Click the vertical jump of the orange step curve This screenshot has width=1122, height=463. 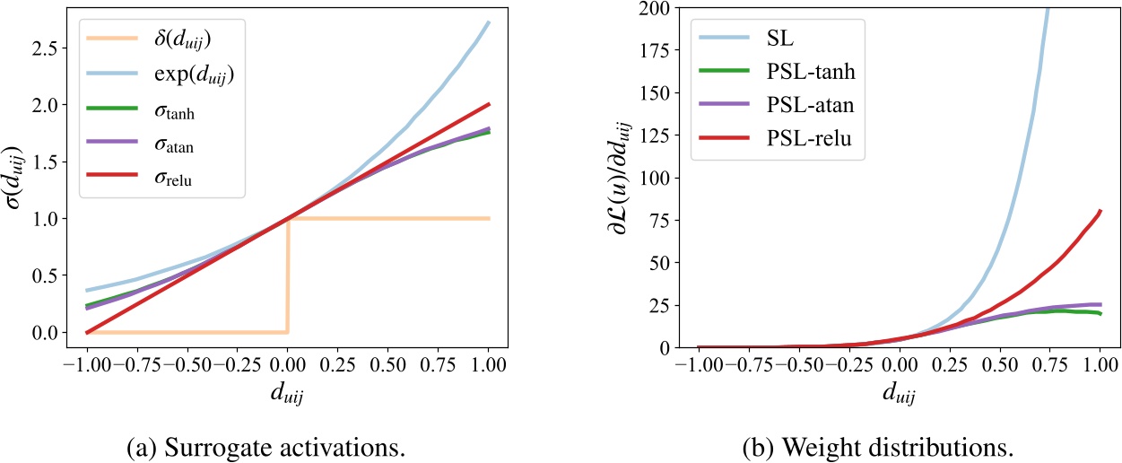point(288,275)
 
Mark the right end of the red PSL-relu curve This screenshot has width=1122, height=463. point(1100,211)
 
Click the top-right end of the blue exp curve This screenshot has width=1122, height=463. point(489,22)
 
